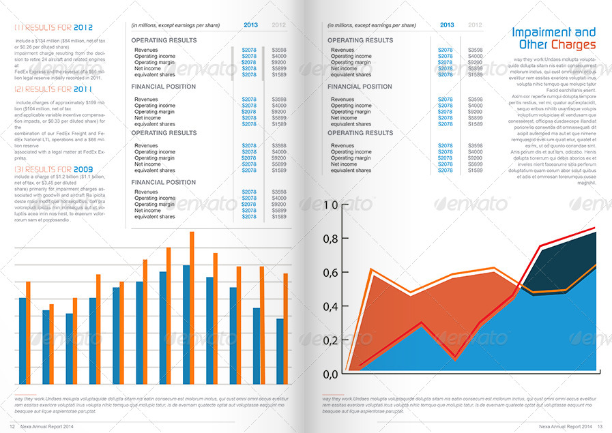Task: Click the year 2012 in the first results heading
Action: (83, 27)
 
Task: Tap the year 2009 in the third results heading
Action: (83, 169)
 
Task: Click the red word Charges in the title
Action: (573, 45)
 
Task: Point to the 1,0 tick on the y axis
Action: (330, 205)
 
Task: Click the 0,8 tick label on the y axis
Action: (330, 239)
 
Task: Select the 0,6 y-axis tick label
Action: (330, 272)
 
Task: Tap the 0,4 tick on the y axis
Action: (330, 306)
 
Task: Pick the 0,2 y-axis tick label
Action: (330, 340)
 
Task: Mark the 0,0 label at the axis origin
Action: (330, 374)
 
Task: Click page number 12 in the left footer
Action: (12, 426)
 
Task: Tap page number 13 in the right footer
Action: (600, 426)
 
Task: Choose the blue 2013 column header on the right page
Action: (446, 25)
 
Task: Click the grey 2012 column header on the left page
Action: (279, 25)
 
